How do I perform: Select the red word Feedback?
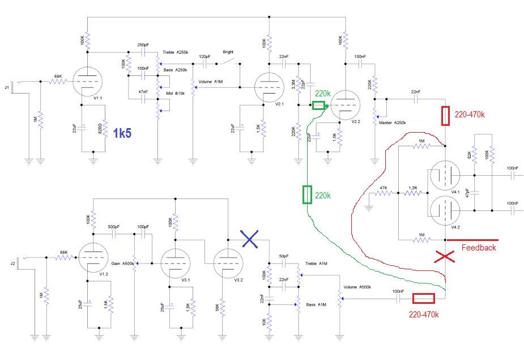[479, 247]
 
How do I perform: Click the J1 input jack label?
[7, 87]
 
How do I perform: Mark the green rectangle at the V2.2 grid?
[319, 105]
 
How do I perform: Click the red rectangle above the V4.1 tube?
[446, 116]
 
